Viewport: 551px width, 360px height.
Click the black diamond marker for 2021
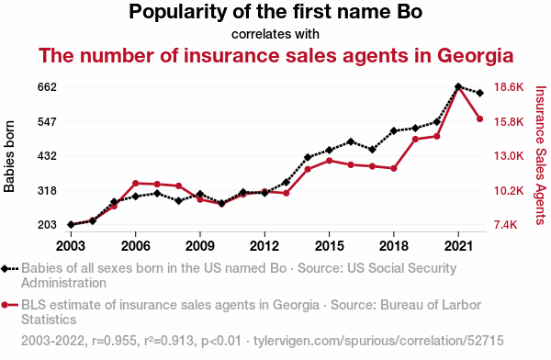[458, 86]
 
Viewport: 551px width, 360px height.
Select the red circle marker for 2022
[479, 118]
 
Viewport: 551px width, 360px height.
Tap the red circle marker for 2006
[136, 183]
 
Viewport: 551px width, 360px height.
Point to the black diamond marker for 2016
[351, 141]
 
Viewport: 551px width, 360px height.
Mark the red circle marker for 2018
[394, 168]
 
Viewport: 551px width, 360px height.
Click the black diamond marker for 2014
[308, 157]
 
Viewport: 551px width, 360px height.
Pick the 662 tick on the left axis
[47, 87]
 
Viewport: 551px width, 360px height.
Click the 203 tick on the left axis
[47, 225]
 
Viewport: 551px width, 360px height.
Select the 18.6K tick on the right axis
[509, 87]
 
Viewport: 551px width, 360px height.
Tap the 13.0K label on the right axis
[509, 156]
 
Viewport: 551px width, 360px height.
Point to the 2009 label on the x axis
[200, 246]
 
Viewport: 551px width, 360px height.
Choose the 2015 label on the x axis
[329, 246]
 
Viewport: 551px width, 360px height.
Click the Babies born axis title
[9, 156]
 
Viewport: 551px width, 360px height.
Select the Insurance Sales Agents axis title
[541, 155]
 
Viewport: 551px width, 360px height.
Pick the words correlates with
[275, 34]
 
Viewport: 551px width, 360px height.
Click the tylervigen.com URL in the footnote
[378, 341]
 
